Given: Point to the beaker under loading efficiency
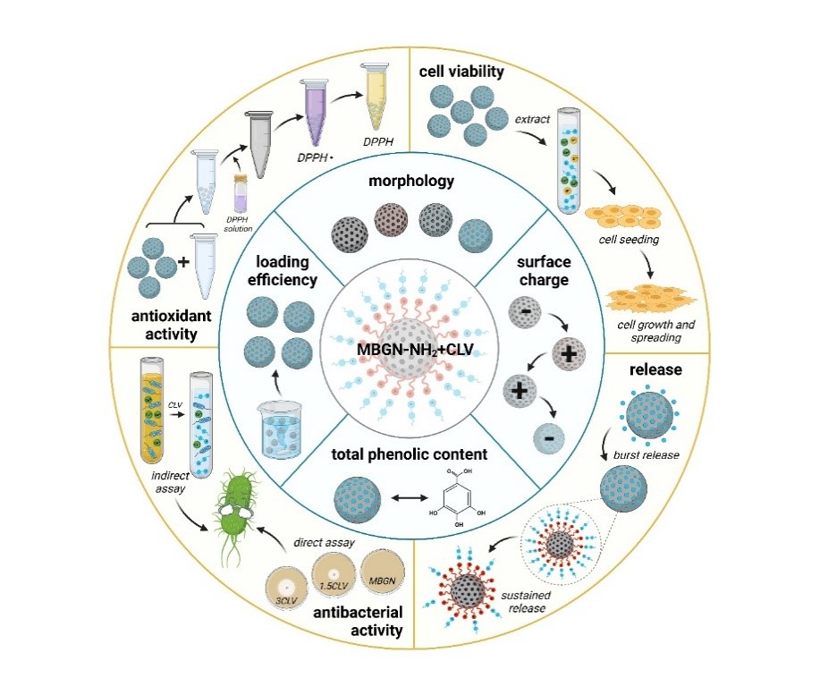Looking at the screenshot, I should [x=285, y=428].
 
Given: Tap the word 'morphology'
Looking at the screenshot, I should [x=410, y=182].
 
